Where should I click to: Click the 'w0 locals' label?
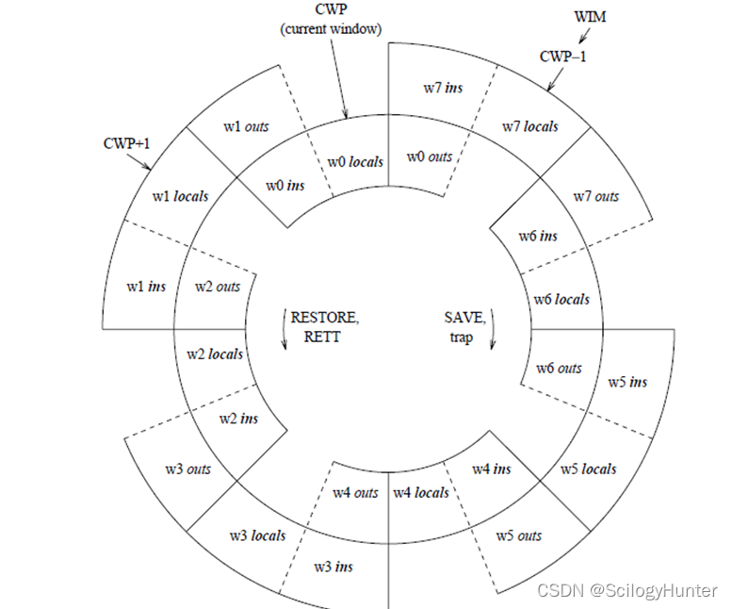[x=355, y=161]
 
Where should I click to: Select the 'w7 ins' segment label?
[x=443, y=88]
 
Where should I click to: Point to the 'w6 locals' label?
[x=561, y=299]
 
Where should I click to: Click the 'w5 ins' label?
[x=627, y=382]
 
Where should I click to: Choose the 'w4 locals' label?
[x=420, y=492]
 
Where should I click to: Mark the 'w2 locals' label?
[x=214, y=354]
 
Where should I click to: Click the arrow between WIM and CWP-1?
[x=584, y=36]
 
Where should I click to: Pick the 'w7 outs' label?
[x=596, y=196]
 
